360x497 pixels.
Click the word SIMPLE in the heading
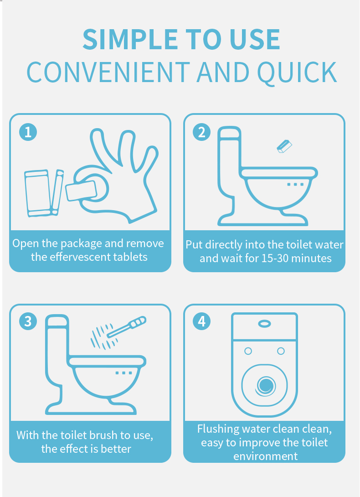[x=130, y=39]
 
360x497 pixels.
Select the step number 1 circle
[x=28, y=132]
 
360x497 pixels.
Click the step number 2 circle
[x=201, y=132]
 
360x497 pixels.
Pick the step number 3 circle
[x=28, y=321]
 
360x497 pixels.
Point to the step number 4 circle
[x=201, y=321]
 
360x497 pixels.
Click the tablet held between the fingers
[x=81, y=191]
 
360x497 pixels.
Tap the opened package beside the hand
[x=44, y=193]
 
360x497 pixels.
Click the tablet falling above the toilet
[x=284, y=146]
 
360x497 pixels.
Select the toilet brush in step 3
[x=127, y=326]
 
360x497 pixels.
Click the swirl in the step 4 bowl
[x=266, y=386]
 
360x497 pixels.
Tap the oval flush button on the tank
[x=264, y=324]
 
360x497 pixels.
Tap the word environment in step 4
[x=265, y=456]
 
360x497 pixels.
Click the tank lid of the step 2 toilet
[x=229, y=133]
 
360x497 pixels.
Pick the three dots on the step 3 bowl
[x=123, y=373]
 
